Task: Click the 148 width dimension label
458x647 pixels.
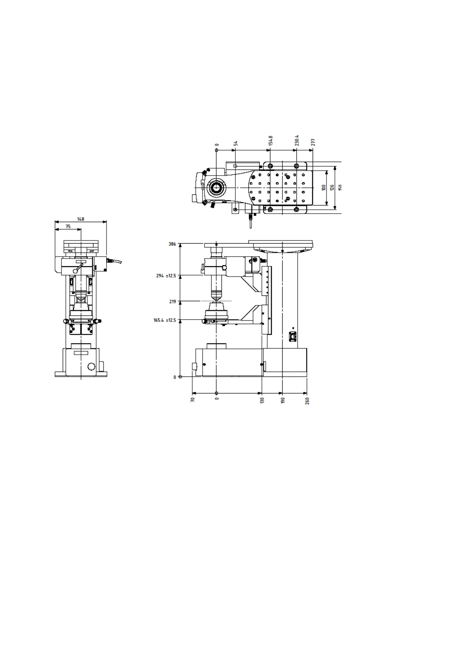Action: pyautogui.click(x=81, y=219)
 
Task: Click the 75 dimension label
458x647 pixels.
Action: pyautogui.click(x=68, y=226)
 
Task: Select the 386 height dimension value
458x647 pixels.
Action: pyautogui.click(x=172, y=244)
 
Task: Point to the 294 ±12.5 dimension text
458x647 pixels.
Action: pyautogui.click(x=166, y=275)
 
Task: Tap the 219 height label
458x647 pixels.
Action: pyautogui.click(x=173, y=302)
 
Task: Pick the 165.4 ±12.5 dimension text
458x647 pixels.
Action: pyautogui.click(x=165, y=320)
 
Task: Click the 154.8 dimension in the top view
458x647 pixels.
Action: pyautogui.click(x=271, y=141)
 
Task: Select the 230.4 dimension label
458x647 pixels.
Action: pyautogui.click(x=297, y=140)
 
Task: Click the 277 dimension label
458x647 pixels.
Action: pyautogui.click(x=313, y=142)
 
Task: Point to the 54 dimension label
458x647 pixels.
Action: pyautogui.click(x=236, y=143)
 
